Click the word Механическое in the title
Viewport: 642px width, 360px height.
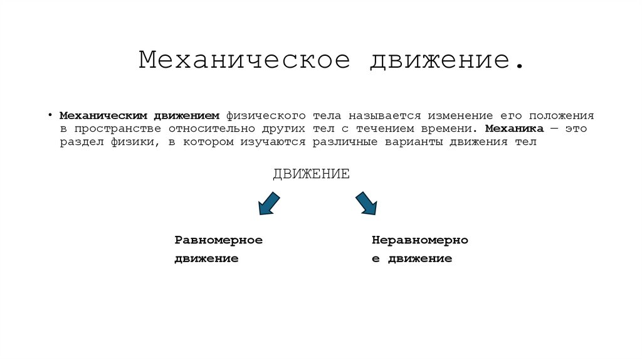coord(244,61)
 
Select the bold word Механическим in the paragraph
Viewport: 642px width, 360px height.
coord(103,116)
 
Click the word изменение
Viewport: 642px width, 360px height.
coord(460,116)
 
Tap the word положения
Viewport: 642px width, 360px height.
coord(560,116)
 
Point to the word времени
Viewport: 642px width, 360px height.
coord(439,129)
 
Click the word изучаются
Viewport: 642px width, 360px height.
coord(273,142)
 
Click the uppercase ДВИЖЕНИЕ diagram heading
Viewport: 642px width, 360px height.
coord(311,174)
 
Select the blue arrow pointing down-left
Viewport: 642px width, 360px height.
coord(269,204)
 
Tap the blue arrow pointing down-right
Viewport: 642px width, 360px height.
coord(366,204)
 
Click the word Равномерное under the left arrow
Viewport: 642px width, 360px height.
coord(218,240)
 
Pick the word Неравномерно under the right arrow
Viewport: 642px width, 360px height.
coord(419,240)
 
